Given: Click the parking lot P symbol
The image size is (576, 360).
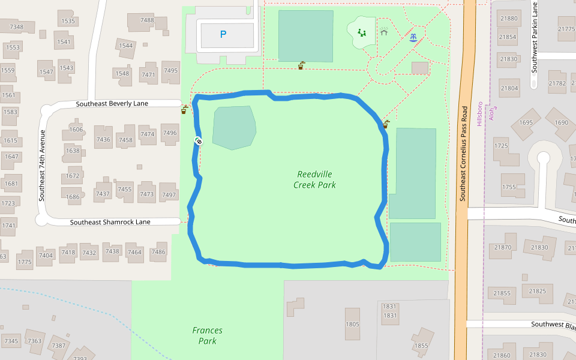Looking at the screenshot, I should point(223,35).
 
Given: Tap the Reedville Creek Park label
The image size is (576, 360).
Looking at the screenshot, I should point(314,179).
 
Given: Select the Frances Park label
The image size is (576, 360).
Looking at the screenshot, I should point(208,335).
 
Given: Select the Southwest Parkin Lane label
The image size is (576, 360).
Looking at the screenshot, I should point(534,37).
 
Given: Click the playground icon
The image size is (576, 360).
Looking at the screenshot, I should point(362,32).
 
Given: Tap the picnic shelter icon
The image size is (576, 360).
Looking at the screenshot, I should point(383,31).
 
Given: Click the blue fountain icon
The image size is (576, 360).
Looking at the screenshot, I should point(413,37).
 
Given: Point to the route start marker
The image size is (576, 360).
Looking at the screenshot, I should point(199,141).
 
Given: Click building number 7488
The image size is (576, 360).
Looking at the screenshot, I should point(147,20).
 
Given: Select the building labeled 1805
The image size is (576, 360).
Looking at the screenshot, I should point(352,324).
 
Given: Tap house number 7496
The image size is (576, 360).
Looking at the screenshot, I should point(170,133).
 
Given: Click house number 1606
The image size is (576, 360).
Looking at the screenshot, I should point(76,130).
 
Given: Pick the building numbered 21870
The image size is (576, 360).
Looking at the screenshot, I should point(502,247).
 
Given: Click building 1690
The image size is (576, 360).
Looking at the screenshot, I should point(562,123).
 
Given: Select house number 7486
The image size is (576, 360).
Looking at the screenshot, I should point(158,252).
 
